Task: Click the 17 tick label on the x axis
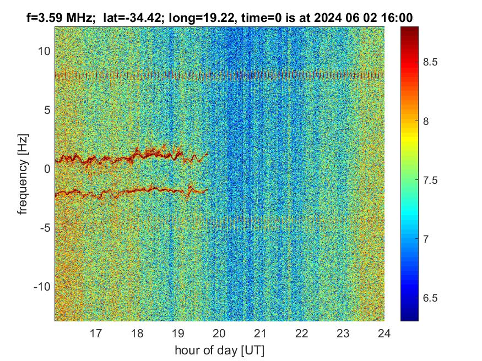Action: [x=96, y=333]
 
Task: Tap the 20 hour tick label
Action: [x=219, y=333]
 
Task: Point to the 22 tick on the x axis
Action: [x=302, y=333]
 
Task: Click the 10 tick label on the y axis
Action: [x=44, y=51]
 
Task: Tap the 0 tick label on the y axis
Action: [x=47, y=169]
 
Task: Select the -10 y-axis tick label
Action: [x=42, y=287]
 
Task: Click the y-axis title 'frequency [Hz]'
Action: [x=23, y=173]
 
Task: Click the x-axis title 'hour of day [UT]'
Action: [x=219, y=350]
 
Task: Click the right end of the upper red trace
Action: [x=208, y=154]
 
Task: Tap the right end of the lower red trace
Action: [x=207, y=190]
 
